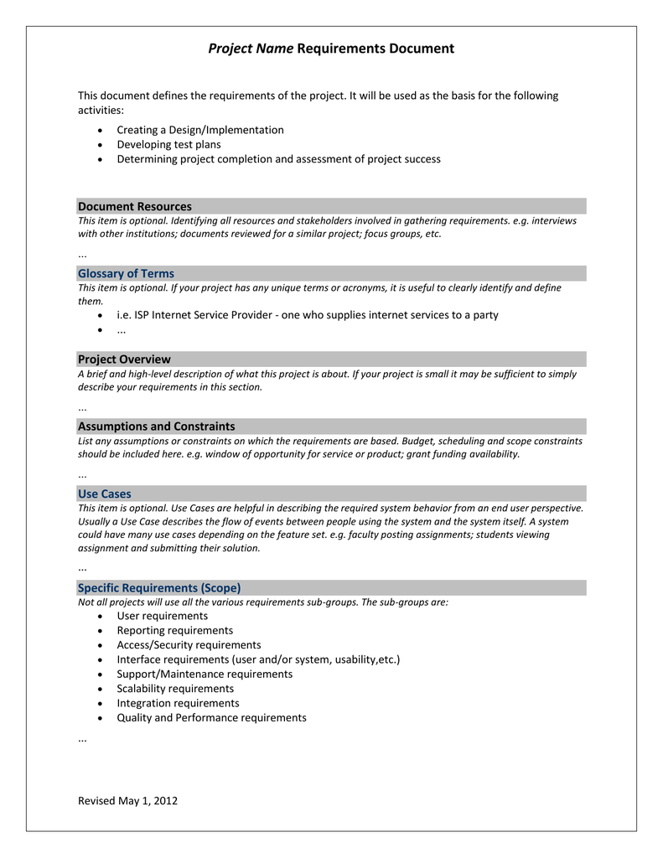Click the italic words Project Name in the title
pos(251,49)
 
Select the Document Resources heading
pos(134,206)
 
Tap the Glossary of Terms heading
pos(126,273)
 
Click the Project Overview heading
pos(124,359)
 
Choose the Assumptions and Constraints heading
pos(156,426)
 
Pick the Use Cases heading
pos(105,494)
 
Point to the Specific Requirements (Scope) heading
pos(159,587)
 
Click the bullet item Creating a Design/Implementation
pos(199,130)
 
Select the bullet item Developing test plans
pos(168,144)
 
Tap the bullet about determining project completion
pos(278,158)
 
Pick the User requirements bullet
pos(162,616)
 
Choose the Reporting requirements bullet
pos(174,630)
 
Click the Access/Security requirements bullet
pos(189,644)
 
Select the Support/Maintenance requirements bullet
pos(205,674)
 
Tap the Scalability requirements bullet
pos(175,688)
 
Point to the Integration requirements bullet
pos(178,703)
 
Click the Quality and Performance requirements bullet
pos(211,717)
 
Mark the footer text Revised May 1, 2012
pos(127,800)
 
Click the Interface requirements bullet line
pos(258,659)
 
